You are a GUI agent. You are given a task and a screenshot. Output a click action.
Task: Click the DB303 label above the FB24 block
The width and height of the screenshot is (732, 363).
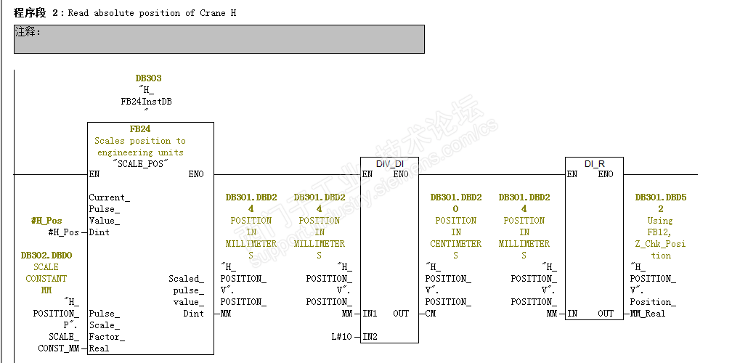pos(148,78)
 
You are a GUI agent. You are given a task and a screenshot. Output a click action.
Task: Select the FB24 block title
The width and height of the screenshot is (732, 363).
pos(139,129)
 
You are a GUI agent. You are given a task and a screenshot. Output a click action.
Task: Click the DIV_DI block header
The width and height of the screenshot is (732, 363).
pos(389,163)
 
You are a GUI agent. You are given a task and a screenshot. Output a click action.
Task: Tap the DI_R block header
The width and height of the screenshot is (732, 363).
pos(594,163)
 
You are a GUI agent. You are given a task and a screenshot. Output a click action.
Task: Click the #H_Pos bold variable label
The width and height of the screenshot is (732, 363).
pos(46,221)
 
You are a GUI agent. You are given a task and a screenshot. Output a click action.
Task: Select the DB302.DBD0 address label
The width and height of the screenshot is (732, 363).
pos(46,256)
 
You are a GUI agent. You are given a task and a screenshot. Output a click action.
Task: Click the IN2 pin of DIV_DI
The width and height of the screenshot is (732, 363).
pos(370,337)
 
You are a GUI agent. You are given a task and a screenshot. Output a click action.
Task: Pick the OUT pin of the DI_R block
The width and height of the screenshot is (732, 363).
pos(606,314)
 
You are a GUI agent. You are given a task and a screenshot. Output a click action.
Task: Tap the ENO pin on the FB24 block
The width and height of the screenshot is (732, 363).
pos(196,174)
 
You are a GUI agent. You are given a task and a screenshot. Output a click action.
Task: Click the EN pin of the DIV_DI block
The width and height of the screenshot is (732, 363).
pos(367,174)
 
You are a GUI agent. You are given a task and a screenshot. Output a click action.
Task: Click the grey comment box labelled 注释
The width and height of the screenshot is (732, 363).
pos(219,39)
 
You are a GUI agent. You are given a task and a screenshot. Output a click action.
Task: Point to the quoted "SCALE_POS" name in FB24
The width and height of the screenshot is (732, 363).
pos(142,163)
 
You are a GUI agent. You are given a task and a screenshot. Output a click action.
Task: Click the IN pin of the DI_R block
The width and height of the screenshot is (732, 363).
pos(572,314)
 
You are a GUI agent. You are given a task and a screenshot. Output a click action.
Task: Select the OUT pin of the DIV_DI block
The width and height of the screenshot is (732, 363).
pos(401,314)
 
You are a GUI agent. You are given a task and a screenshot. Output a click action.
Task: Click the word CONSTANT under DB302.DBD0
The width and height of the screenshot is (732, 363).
pos(46,279)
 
